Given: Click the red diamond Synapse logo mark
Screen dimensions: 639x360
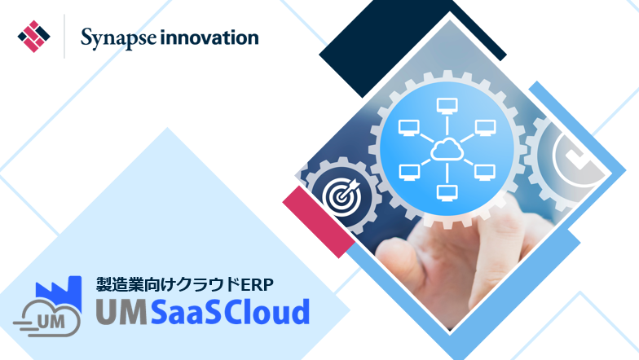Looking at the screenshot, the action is click(34, 36).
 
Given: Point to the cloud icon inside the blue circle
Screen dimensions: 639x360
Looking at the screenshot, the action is click(447, 148).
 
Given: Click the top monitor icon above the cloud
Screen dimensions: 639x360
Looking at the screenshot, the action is click(447, 105).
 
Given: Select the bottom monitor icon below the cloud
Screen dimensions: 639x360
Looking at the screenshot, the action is click(447, 192).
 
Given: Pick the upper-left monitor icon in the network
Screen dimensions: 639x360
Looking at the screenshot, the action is click(409, 127).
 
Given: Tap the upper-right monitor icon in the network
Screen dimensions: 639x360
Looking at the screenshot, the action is click(486, 127).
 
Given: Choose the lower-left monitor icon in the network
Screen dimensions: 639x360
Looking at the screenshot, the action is click(409, 172).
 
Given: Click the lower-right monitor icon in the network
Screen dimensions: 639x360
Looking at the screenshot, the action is click(485, 172).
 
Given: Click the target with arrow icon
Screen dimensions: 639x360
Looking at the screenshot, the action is click(342, 197).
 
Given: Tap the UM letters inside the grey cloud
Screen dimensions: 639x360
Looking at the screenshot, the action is click(51, 323).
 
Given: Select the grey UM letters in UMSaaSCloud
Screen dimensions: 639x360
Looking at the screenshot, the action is click(121, 312).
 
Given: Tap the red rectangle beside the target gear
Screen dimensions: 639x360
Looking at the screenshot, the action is click(318, 222).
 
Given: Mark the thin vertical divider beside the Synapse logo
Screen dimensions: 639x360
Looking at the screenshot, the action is click(64, 36).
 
